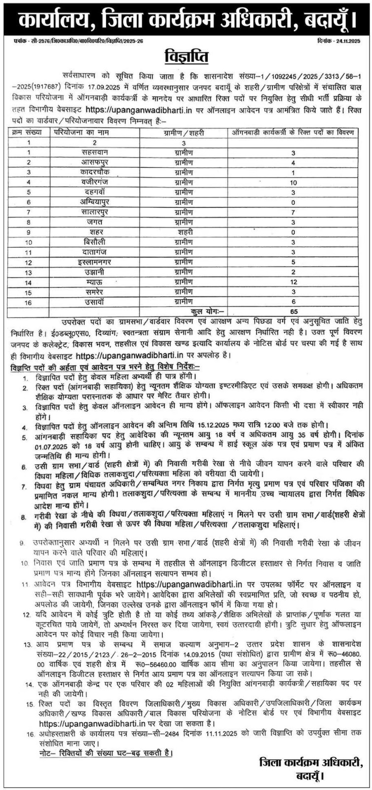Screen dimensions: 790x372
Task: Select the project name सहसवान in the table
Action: [x=96, y=154]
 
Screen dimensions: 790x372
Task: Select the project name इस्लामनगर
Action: [x=96, y=262]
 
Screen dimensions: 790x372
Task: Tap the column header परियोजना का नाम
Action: [x=79, y=132]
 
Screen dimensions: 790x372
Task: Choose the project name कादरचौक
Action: [x=96, y=172]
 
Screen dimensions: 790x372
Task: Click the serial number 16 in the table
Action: [x=29, y=302]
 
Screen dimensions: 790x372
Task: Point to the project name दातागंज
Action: [x=96, y=252]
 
